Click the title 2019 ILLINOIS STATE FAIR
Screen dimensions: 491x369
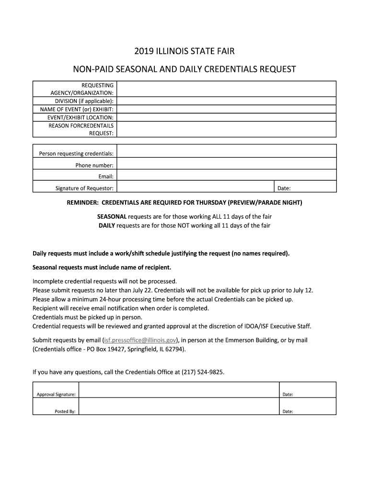pos(184,51)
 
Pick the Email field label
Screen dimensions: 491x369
pos(106,176)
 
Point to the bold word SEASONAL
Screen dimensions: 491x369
pos(112,217)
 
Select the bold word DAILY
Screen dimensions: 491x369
pos(107,225)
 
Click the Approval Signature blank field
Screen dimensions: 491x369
pos(178,394)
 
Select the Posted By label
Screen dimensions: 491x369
pos(65,411)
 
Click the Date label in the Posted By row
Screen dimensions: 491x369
pos(288,411)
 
